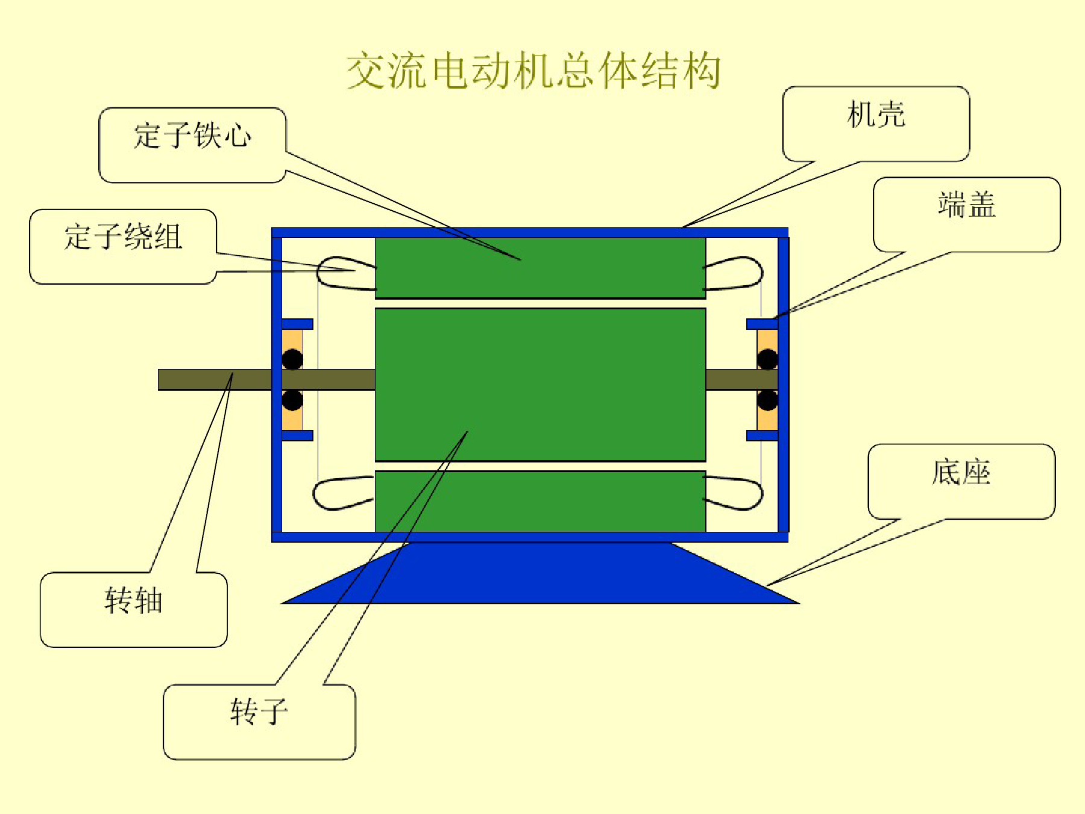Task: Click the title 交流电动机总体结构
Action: (533, 71)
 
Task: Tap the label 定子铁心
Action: (192, 134)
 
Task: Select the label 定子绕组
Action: (123, 236)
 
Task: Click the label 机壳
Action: (876, 114)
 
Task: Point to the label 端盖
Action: (967, 204)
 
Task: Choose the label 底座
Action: (961, 472)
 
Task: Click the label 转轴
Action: (134, 601)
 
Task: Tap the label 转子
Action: (259, 712)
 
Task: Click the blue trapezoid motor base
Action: (540, 573)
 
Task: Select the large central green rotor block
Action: (540, 385)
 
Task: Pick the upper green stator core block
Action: (540, 268)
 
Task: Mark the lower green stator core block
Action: (540, 502)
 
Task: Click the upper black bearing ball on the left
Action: (292, 359)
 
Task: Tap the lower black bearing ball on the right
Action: (767, 400)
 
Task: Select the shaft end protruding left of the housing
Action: (215, 380)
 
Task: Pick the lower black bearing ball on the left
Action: (292, 400)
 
